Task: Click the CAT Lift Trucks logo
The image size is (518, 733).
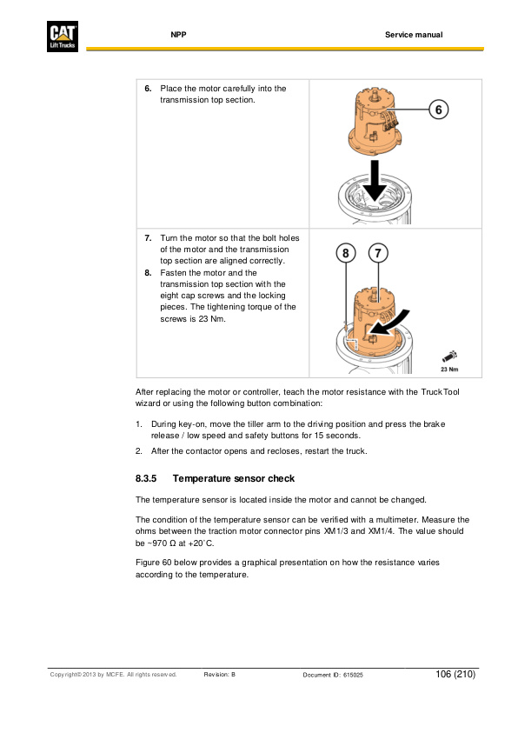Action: tap(62, 36)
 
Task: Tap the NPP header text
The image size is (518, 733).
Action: tap(178, 35)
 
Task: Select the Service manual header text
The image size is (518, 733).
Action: tap(414, 35)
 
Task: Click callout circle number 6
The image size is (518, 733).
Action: tap(439, 110)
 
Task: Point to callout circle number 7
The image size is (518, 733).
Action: tap(378, 253)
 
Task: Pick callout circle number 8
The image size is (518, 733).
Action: tap(346, 253)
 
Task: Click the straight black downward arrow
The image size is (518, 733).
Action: tap(375, 181)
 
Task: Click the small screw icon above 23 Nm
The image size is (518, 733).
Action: tap(449, 357)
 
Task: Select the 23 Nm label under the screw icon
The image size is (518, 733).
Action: tap(449, 370)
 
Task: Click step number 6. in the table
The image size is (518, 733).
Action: tap(148, 89)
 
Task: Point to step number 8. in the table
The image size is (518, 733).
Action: tap(148, 272)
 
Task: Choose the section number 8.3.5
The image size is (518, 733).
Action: tap(146, 478)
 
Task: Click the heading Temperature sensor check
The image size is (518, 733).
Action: tap(234, 478)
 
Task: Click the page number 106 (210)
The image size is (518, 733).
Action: tap(455, 674)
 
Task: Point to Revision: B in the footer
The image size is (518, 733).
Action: tap(220, 675)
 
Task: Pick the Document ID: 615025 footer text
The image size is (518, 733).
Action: tap(333, 675)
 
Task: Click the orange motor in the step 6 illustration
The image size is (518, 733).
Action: tap(375, 123)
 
